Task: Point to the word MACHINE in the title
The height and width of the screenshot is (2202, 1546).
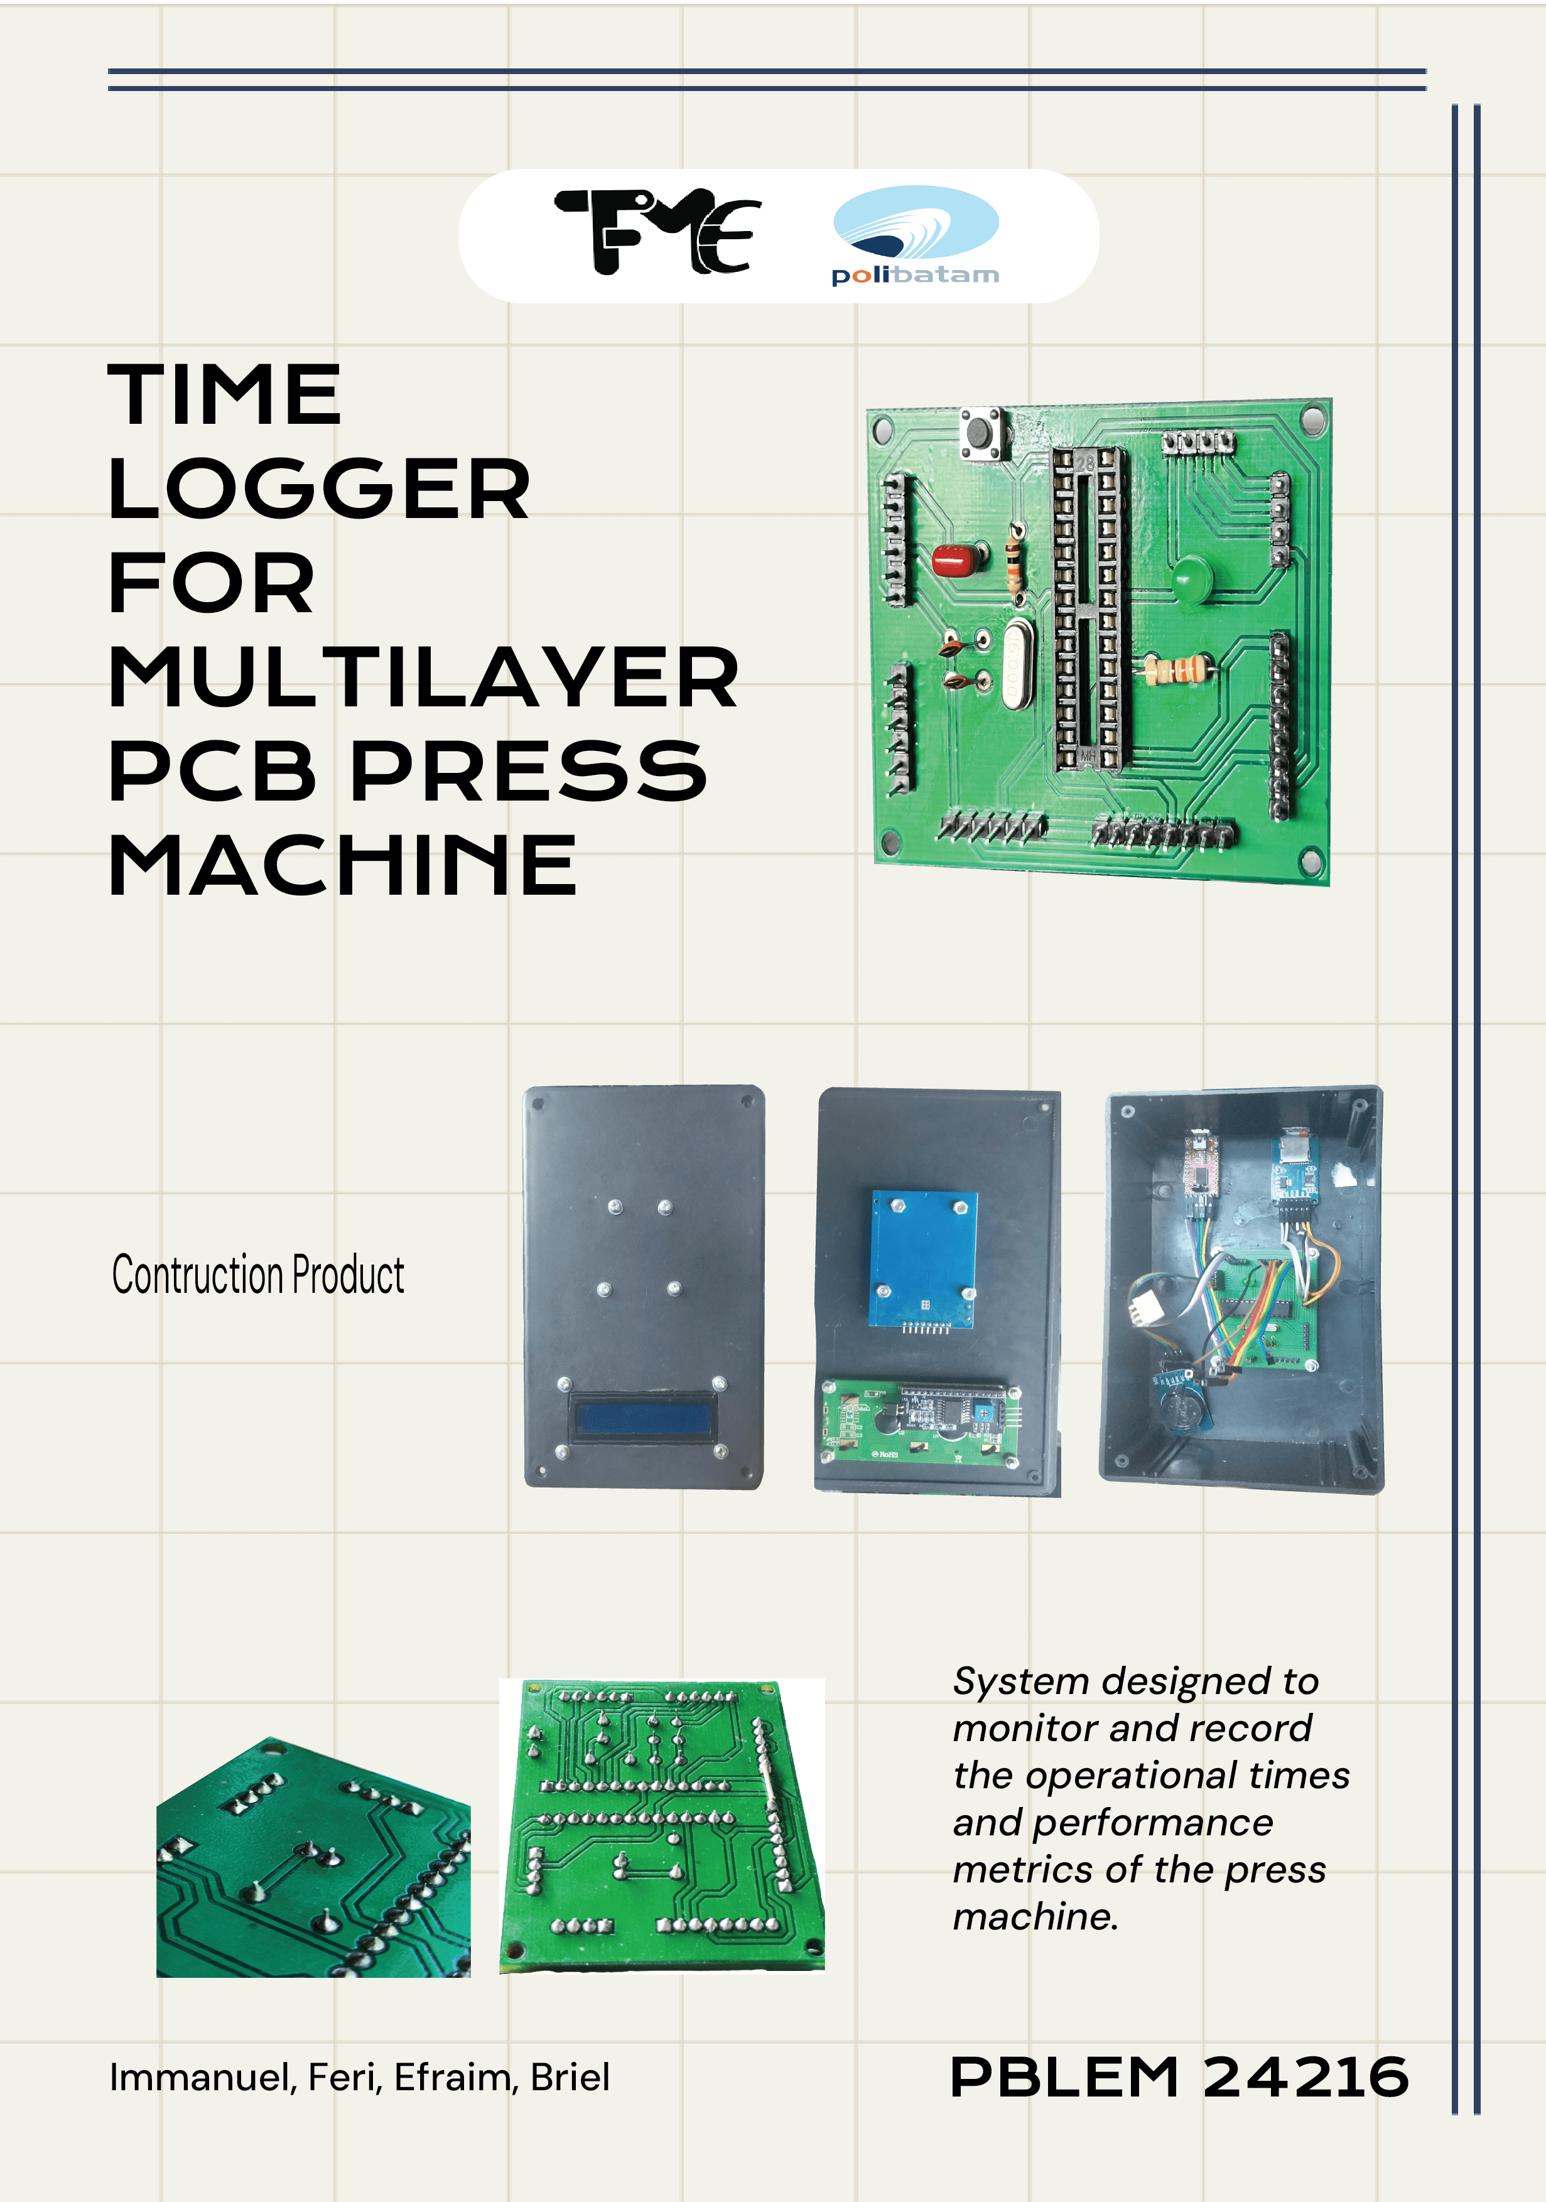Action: [x=342, y=865]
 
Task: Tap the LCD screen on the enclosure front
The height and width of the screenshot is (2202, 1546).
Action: [x=642, y=1418]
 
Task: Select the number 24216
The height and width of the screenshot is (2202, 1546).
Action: [x=1305, y=2077]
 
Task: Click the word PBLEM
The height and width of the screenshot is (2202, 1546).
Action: [x=1064, y=2077]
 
